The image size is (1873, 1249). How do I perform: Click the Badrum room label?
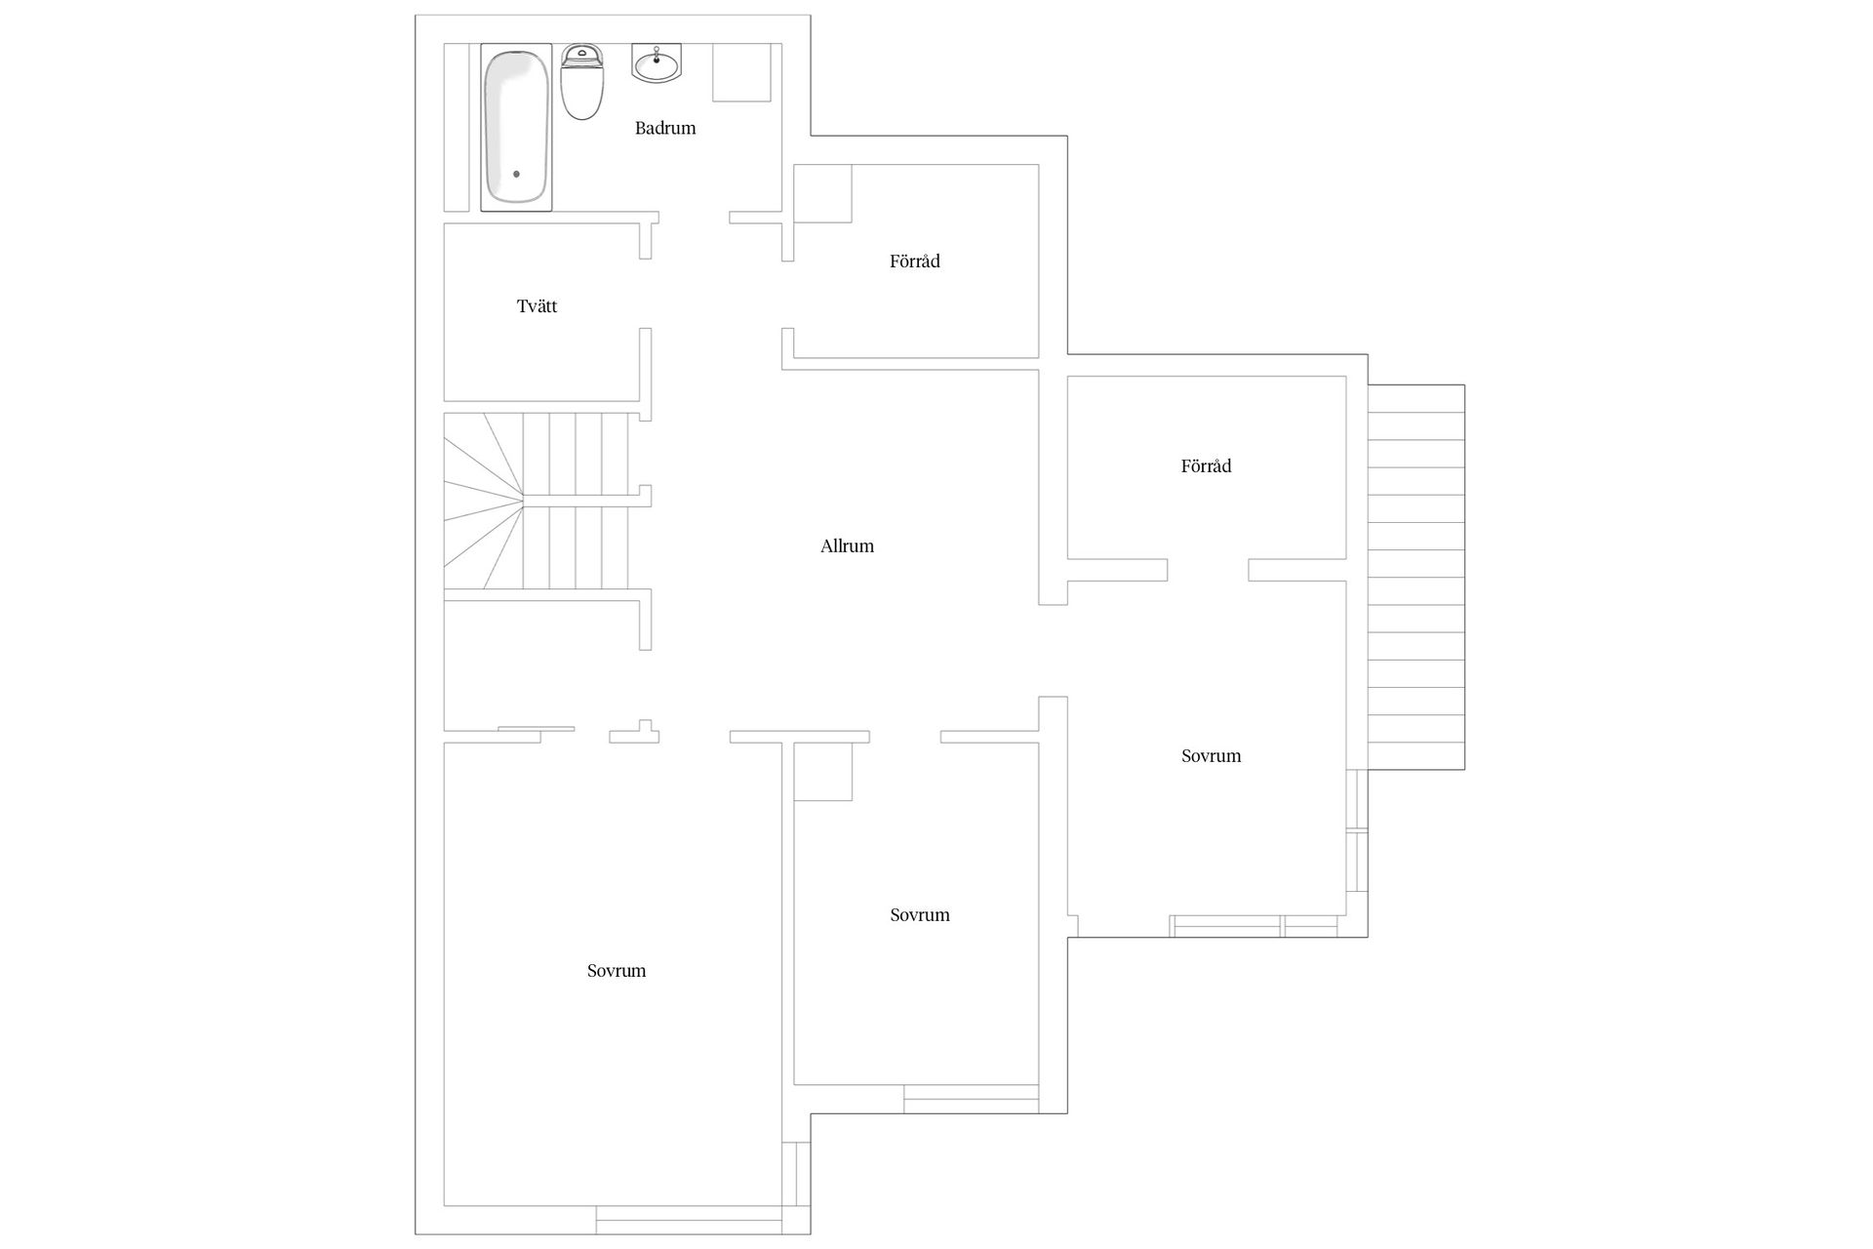(665, 128)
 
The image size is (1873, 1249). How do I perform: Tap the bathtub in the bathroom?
(516, 127)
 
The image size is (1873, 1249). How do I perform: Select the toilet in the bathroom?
(582, 82)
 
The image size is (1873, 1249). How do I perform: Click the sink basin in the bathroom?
(657, 63)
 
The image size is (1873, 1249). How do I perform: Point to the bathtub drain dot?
(516, 174)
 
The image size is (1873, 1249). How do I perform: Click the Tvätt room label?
(537, 306)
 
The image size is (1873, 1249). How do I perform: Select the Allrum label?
(847, 546)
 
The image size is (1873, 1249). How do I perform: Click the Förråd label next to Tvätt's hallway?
(915, 262)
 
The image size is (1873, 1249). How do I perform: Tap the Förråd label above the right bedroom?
(1206, 466)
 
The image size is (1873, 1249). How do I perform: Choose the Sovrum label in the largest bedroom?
(617, 971)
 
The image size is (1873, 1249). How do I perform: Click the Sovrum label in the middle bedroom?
(920, 915)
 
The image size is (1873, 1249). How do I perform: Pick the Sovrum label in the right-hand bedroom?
(1212, 756)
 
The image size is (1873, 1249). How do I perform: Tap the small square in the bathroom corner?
(741, 72)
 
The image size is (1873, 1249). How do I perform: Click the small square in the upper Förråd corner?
(822, 193)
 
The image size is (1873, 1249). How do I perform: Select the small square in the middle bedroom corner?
(823, 771)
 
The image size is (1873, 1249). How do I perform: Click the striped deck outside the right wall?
(1415, 577)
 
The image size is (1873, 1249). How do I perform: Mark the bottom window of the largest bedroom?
(689, 1220)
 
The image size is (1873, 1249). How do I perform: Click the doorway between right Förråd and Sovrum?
(1208, 570)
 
